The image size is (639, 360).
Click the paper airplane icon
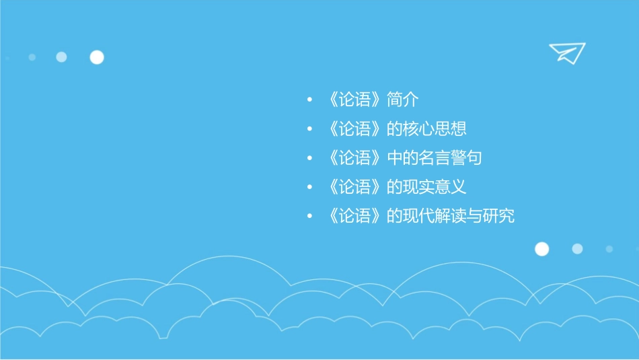tap(566, 52)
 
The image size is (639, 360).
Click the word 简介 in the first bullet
tap(403, 100)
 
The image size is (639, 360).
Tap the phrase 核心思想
tap(435, 129)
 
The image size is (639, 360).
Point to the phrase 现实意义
tap(435, 188)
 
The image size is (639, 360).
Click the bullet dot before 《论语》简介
tap(309, 101)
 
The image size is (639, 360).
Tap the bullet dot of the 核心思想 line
tap(309, 130)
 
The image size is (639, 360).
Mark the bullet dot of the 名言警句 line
tap(309, 159)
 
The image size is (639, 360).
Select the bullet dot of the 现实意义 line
tap(309, 188)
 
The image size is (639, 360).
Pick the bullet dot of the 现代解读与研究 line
tap(309, 217)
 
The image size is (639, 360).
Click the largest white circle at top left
tap(97, 57)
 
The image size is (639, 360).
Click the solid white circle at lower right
tap(541, 249)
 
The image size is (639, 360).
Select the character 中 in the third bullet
tap(395, 159)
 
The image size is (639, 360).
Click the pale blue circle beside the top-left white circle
tap(61, 57)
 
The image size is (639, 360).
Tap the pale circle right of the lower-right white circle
tap(577, 249)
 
